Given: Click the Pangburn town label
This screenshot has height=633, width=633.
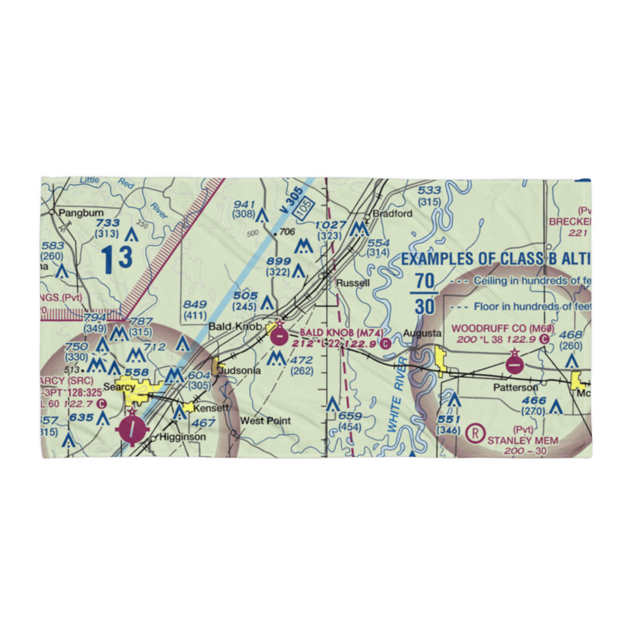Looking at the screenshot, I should (76, 213).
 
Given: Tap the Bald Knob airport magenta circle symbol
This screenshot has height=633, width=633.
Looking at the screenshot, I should (279, 337).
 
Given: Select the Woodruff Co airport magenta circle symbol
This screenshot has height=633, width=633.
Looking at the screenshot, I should (515, 365).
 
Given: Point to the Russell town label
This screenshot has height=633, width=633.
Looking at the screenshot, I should (353, 283).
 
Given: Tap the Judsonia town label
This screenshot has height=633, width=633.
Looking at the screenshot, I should (240, 371).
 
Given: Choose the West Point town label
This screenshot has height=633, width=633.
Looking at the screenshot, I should (266, 420).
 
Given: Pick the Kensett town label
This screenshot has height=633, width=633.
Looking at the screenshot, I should (211, 408).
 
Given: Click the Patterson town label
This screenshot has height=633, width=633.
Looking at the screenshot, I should (517, 387).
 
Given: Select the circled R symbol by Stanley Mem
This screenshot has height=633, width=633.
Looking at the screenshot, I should (474, 434).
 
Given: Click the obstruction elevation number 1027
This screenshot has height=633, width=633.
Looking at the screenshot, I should (331, 225).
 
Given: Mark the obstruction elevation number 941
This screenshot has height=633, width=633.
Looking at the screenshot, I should (244, 204).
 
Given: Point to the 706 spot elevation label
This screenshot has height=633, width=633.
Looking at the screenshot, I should (287, 232).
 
